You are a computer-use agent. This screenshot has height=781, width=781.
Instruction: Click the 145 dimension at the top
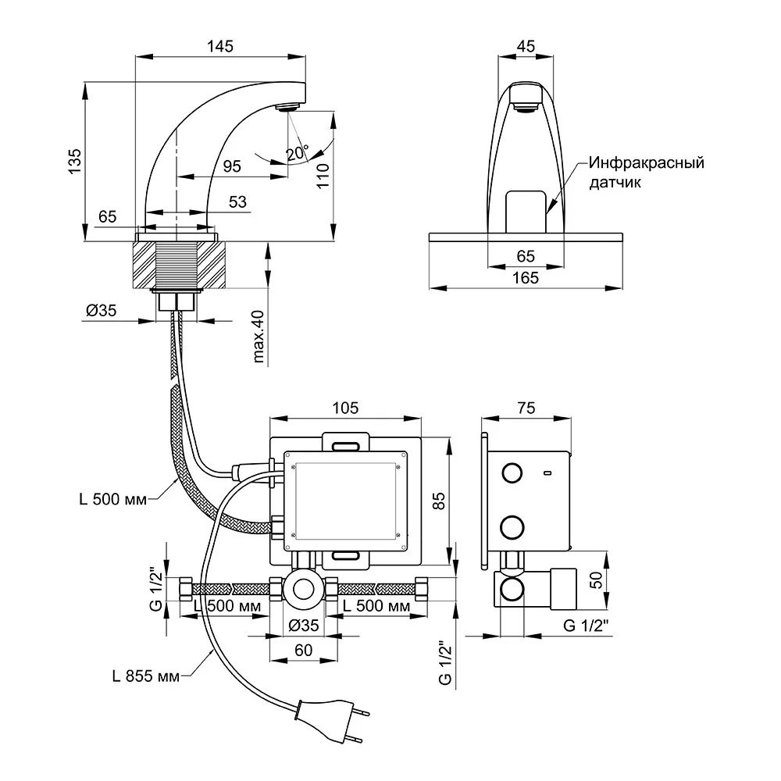point(221,46)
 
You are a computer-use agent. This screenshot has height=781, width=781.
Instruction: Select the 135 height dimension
point(74,161)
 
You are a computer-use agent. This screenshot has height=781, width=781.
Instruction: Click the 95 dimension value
point(231,166)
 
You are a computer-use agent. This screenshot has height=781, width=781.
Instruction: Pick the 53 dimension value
point(238,201)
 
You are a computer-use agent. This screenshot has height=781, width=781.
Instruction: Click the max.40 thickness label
point(259,337)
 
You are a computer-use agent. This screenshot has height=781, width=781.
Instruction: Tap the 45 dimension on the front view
point(526,46)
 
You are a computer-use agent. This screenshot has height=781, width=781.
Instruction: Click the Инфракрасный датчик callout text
point(647,173)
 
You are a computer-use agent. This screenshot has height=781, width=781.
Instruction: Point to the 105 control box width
point(344,408)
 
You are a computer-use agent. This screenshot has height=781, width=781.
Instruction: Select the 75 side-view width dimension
point(526,408)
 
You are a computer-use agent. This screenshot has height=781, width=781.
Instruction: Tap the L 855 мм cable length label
point(146,676)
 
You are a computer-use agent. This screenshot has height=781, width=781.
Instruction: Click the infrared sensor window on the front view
point(525,212)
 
